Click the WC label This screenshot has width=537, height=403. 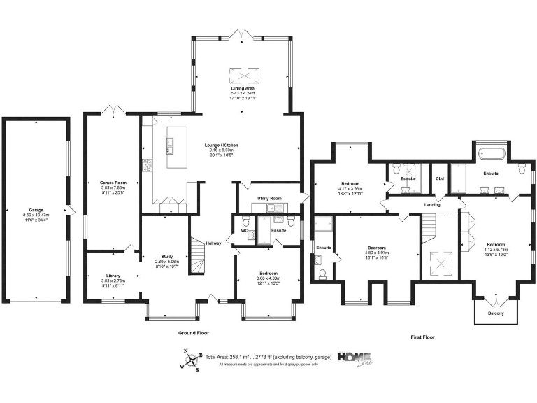(x=244, y=230)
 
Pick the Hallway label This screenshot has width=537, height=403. (x=214, y=243)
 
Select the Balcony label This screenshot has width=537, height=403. (x=495, y=313)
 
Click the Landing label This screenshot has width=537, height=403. (x=431, y=204)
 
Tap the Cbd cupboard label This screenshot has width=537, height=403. (x=440, y=178)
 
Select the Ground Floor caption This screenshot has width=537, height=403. (x=194, y=333)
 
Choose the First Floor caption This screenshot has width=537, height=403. (x=422, y=337)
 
